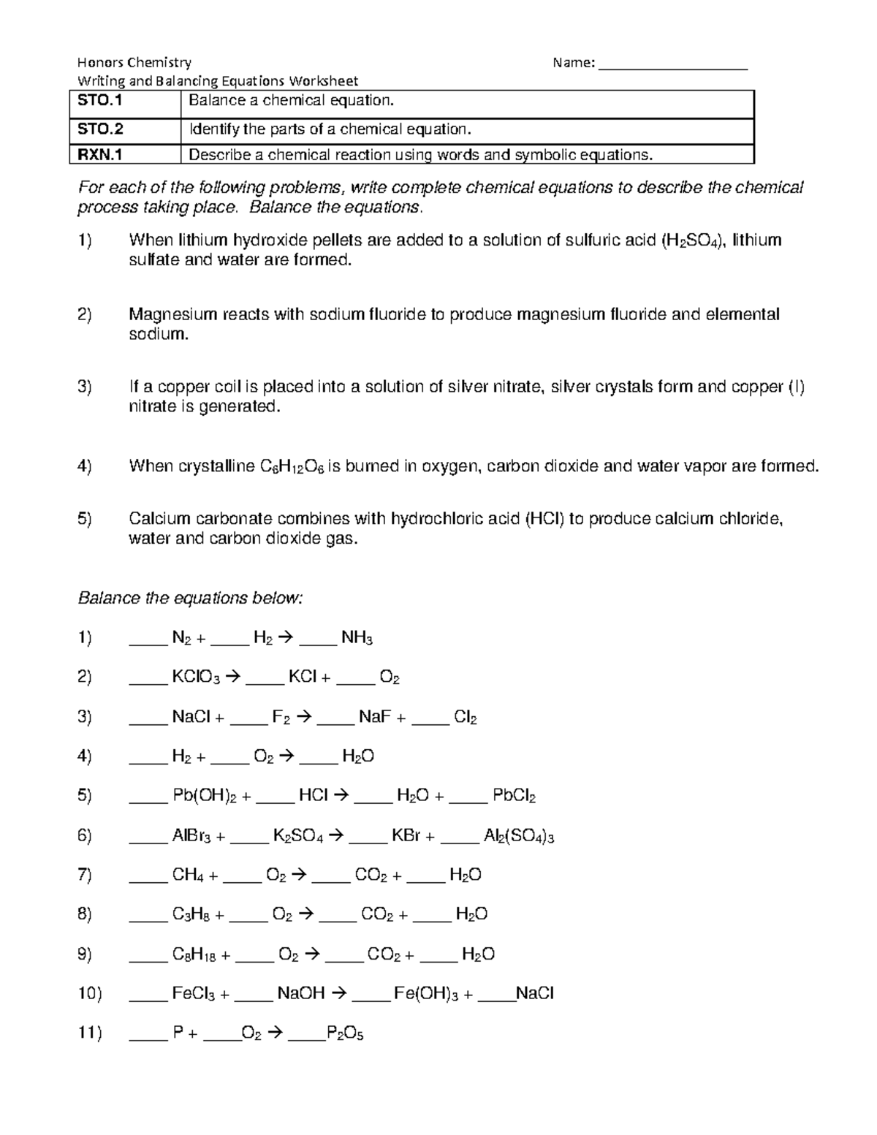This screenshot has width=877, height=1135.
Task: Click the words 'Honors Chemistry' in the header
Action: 134,63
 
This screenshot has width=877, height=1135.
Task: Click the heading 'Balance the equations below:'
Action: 190,598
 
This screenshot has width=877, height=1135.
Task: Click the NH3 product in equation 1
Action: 357,638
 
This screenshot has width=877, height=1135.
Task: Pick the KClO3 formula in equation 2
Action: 195,677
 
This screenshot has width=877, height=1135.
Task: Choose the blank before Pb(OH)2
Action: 148,796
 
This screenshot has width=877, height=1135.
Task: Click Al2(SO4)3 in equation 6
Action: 519,836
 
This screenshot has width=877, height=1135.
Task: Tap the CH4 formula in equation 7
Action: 188,875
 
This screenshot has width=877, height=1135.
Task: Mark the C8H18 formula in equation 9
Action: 194,954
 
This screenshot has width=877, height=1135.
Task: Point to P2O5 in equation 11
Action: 345,1033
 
